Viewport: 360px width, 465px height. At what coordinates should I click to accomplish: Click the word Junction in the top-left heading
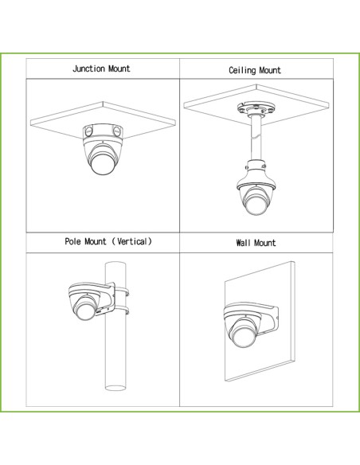tap(89, 68)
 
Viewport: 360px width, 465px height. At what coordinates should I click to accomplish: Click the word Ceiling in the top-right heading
tap(242, 71)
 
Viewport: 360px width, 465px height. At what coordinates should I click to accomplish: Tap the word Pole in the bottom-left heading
tap(72, 241)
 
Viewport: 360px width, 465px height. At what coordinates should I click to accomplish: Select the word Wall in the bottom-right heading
tap(243, 243)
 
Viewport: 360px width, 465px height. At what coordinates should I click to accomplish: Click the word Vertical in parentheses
tap(132, 241)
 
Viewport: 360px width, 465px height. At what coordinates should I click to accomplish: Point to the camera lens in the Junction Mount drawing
tap(102, 164)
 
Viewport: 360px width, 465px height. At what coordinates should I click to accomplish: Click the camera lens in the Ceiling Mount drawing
tap(256, 204)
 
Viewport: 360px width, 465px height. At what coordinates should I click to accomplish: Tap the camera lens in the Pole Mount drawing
tap(86, 310)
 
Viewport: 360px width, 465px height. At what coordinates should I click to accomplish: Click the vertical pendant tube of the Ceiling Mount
tap(256, 138)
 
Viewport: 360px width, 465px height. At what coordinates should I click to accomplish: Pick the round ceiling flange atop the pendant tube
tap(256, 108)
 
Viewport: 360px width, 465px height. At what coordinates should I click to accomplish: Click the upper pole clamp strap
tap(122, 291)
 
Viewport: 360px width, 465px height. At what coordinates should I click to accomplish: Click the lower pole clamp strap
tap(122, 311)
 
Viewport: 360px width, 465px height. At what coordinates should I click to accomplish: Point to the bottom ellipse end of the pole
tap(115, 388)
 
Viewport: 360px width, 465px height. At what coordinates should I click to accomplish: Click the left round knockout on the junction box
tap(88, 131)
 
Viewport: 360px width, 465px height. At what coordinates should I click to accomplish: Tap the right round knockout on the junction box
tap(117, 131)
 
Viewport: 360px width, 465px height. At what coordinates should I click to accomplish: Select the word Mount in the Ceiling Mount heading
tap(269, 71)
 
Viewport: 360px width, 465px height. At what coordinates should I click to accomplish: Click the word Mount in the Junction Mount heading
tap(119, 68)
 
